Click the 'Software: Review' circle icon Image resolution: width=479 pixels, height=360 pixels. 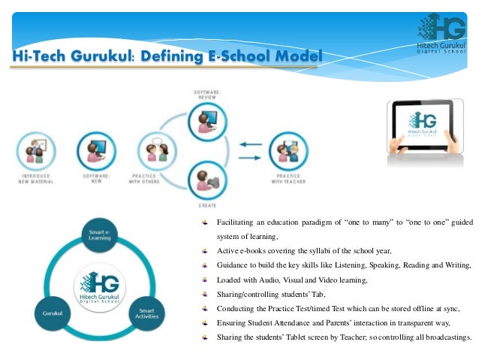(208, 117)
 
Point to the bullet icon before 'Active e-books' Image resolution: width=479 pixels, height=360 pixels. (205, 250)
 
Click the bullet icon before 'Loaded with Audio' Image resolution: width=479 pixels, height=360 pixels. (205, 279)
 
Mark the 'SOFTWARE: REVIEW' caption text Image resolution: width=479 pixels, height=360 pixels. (207, 93)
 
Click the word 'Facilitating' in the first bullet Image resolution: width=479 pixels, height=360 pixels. (236, 222)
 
